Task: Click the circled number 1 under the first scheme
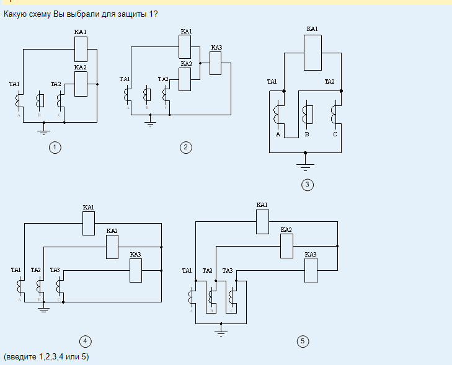[55, 147]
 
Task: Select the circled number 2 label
[185, 147]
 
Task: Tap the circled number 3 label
[307, 183]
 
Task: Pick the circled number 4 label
[86, 341]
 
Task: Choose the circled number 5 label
[303, 341]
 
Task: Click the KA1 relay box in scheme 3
[312, 53]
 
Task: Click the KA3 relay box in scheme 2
[215, 63]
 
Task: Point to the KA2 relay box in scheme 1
[81, 84]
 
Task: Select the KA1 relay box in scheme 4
[89, 223]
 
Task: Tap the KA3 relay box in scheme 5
[311, 270]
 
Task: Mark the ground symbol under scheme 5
[221, 332]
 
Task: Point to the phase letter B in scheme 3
[306, 134]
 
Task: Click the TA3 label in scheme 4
[55, 270]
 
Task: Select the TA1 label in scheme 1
[14, 84]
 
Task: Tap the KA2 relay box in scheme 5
[286, 246]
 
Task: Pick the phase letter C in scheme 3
[335, 134]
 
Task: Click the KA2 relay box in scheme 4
[112, 247]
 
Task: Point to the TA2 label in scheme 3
[329, 81]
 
